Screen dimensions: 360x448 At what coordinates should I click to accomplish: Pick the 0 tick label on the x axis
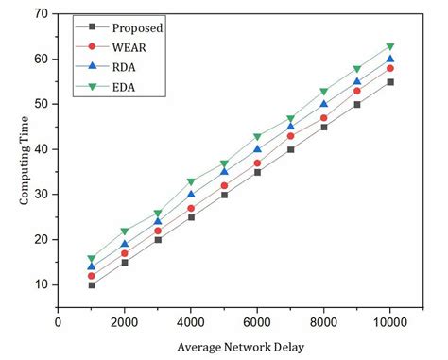point(59,321)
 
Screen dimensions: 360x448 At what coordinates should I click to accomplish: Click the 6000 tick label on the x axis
point(257,321)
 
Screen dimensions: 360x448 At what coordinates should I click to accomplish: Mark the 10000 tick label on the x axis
point(389,321)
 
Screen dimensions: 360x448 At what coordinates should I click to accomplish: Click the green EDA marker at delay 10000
point(389,46)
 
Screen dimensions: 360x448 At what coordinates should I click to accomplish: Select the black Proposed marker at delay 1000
point(92,284)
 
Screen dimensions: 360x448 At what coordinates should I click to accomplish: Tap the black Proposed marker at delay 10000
point(389,82)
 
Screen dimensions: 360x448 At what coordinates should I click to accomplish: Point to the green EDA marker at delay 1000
point(92,258)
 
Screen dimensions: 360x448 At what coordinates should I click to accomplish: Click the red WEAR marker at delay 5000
point(224,185)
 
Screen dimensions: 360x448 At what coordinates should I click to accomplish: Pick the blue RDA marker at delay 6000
point(257,149)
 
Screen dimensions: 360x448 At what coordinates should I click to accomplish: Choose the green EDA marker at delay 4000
point(191,181)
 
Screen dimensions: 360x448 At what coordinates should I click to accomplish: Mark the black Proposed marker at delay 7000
point(290,149)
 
